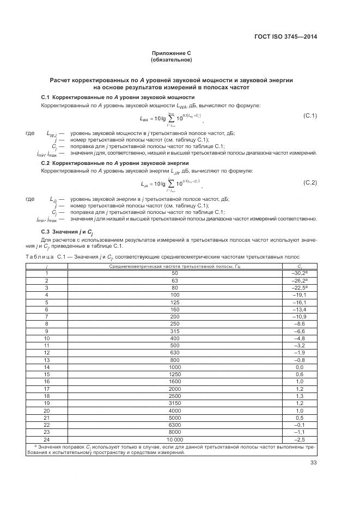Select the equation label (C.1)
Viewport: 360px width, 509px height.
[310, 116]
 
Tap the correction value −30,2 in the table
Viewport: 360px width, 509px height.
[300, 273]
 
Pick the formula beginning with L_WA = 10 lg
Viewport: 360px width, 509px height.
[170, 117]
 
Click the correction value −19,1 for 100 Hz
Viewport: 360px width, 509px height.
[300, 293]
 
